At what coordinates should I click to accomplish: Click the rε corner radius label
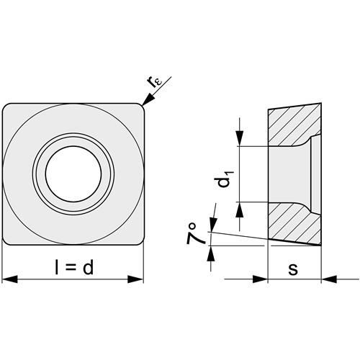[x=155, y=82]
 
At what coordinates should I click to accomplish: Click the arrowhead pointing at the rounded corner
[x=148, y=99]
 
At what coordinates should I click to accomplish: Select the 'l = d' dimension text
[x=73, y=267]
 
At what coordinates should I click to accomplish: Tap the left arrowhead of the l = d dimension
[x=9, y=279]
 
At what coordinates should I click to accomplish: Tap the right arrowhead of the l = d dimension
[x=135, y=279]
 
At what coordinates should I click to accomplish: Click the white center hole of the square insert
[x=73, y=174]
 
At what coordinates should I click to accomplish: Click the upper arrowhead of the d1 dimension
[x=240, y=138]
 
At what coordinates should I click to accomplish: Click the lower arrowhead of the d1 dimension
[x=240, y=210]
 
